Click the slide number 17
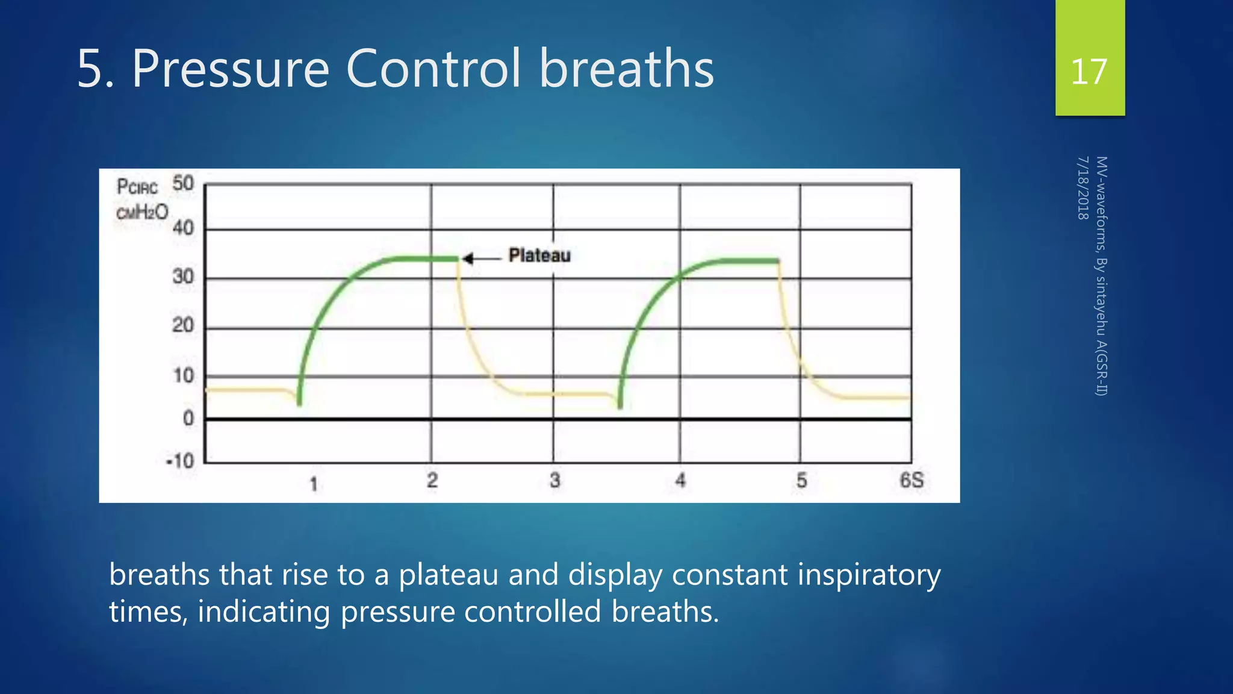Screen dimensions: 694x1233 (1089, 72)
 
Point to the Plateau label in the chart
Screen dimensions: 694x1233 (539, 255)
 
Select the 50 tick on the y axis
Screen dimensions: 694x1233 (183, 183)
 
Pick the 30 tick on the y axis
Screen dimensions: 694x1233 (183, 277)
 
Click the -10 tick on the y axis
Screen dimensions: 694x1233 (180, 461)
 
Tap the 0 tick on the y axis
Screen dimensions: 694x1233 (188, 418)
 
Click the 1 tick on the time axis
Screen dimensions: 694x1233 (313, 484)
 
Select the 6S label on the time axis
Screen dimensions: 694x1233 (911, 481)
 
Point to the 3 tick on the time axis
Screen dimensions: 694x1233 (554, 481)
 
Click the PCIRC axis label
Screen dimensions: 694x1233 (137, 187)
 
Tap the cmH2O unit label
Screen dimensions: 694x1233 (142, 212)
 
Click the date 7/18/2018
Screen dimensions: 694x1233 (1082, 188)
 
